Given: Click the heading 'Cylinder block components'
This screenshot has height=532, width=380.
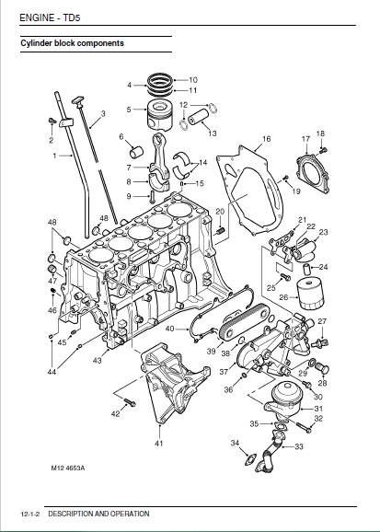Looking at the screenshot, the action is pos(73,43).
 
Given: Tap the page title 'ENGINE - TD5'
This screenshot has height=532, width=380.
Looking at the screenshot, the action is pos(50,17).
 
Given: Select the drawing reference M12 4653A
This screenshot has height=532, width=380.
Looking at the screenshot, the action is pos(68,468).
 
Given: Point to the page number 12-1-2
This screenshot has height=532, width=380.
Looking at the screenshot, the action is pos(30,514).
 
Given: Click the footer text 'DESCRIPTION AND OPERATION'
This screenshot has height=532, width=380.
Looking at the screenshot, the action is pos(98,514).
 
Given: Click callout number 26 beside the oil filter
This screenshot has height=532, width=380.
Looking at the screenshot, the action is pos(283,297).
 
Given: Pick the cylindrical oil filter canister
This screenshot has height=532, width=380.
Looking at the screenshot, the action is pos(310,294).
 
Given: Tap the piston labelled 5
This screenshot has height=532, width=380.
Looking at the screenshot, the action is pos(160,114).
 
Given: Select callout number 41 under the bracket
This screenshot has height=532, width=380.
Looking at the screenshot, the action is pos(159,443).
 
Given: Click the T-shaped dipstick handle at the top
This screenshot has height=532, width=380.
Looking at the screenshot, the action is pos(77,100).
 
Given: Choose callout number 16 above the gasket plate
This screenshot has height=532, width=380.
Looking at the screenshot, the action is pos(266,139).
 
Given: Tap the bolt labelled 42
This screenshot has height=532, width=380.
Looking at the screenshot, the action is pos(130,402).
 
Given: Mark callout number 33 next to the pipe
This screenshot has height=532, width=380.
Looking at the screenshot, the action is pos(298,446).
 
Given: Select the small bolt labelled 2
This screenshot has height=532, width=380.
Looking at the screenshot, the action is pos(52,120).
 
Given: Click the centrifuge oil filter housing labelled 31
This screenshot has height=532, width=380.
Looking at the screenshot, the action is pos(284,400).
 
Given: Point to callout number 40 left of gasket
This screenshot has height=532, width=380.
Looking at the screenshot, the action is pos(169,329).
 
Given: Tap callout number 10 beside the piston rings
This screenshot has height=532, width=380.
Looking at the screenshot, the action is pos(193,80).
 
